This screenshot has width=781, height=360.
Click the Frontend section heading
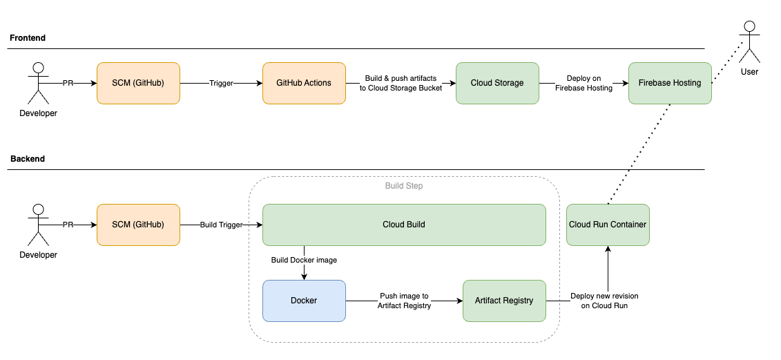click(x=28, y=38)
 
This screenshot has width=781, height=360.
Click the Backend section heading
click(x=28, y=159)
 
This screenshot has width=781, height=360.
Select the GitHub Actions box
click(x=304, y=83)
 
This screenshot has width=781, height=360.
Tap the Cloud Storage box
click(x=497, y=83)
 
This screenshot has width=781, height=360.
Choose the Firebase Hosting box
click(x=670, y=83)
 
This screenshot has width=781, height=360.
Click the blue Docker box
click(x=304, y=301)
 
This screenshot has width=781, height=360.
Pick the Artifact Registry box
click(x=504, y=301)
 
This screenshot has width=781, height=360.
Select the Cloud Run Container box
click(x=608, y=225)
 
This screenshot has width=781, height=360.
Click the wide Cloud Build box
click(x=404, y=225)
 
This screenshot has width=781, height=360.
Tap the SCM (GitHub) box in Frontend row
click(x=138, y=83)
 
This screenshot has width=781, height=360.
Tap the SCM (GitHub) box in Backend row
click(x=138, y=225)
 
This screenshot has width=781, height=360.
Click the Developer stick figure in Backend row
click(x=39, y=225)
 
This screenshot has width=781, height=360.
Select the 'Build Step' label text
click(x=404, y=186)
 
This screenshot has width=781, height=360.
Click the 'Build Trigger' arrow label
click(x=221, y=225)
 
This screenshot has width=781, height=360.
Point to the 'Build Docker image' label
click(x=304, y=260)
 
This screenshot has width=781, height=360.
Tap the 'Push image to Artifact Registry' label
click(x=404, y=301)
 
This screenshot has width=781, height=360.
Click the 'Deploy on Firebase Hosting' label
click(x=584, y=83)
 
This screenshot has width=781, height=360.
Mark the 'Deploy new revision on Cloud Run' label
click(x=604, y=301)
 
